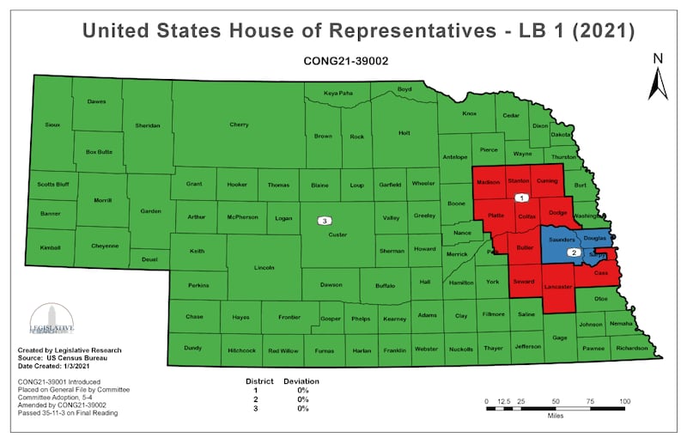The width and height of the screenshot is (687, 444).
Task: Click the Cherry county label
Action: (239, 125)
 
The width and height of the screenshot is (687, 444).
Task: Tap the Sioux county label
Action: (52, 125)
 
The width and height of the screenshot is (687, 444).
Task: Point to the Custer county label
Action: (337, 233)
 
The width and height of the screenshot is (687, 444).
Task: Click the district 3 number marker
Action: (325, 222)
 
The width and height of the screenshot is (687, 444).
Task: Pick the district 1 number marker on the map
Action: (520, 198)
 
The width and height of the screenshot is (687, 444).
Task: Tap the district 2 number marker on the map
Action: (574, 253)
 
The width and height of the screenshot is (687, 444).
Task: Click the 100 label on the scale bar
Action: (624, 402)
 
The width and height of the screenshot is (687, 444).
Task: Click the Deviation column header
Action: (301, 380)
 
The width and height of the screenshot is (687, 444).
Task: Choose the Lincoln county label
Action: (264, 268)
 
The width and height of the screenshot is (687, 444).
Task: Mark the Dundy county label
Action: (192, 348)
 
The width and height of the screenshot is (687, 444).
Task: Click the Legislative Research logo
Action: (52, 320)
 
